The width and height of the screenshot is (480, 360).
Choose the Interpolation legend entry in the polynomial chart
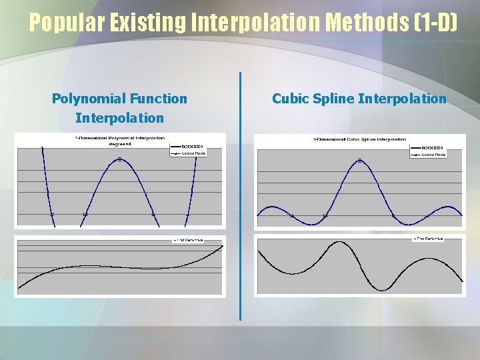coord(192,147)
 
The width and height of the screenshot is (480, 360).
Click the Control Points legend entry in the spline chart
coord(433,155)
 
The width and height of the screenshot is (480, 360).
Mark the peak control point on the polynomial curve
coord(119,159)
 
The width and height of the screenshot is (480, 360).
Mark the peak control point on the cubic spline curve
coord(359,161)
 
